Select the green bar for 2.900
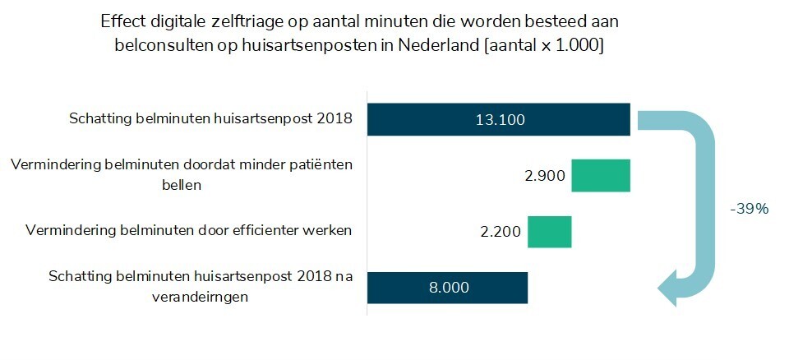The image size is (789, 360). (x=601, y=176)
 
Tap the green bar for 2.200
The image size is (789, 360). (x=549, y=231)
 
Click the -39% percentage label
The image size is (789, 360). (x=749, y=209)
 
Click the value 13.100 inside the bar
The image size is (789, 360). (x=499, y=120)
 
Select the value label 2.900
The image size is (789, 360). (x=546, y=176)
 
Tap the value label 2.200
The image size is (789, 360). (x=501, y=232)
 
